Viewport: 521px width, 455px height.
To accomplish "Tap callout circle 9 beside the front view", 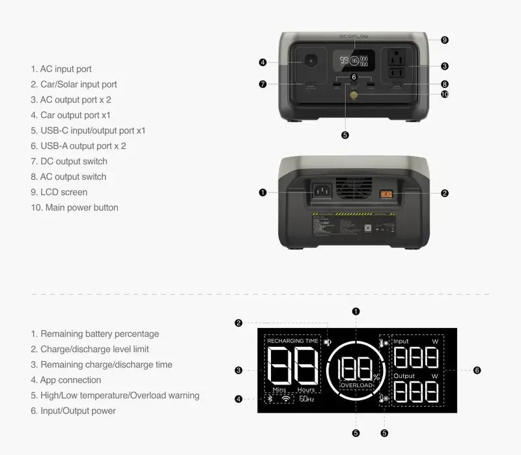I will click(x=444, y=40).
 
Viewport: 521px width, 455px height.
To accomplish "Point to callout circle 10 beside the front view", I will click(x=444, y=94).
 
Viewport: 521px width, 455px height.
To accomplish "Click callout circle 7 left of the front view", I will click(x=262, y=84).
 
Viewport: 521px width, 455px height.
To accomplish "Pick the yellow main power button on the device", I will click(x=354, y=95).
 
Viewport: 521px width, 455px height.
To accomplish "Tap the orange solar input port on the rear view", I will click(x=386, y=193).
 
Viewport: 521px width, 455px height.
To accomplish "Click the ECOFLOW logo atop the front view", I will click(x=354, y=37).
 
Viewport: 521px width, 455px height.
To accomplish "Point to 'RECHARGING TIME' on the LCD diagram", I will click(x=292, y=341).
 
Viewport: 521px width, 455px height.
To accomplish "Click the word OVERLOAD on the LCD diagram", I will click(x=356, y=385).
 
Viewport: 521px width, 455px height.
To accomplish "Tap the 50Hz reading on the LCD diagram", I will click(x=307, y=399).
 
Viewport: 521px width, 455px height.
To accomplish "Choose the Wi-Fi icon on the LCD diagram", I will click(x=287, y=399).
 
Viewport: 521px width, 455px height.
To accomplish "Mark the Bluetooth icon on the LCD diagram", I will click(x=271, y=399).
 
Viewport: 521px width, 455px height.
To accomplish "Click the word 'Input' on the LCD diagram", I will click(x=401, y=341).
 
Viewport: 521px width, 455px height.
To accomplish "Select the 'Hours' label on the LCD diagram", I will click(x=306, y=390).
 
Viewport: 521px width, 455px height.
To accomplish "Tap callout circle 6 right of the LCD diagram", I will click(x=477, y=370).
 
